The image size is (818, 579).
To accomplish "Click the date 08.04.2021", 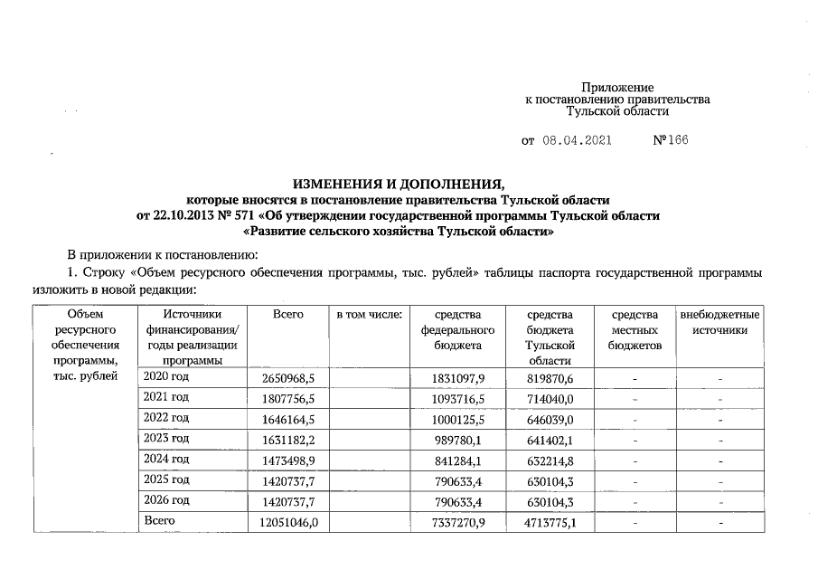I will (x=578, y=142).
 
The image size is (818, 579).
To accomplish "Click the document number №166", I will (x=670, y=142).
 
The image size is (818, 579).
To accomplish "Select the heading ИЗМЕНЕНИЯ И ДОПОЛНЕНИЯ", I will (x=399, y=184).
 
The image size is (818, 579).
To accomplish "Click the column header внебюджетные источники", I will (x=720, y=322).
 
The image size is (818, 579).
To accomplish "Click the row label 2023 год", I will (x=166, y=438).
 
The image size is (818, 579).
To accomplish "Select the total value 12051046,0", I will (x=287, y=522).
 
